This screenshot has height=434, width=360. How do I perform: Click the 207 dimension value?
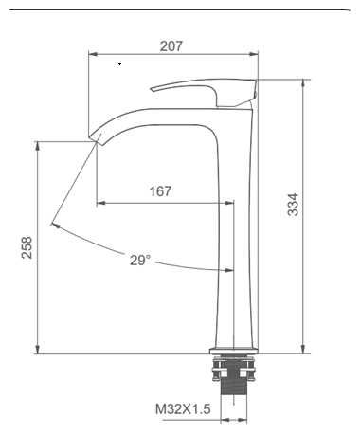coord(171,46)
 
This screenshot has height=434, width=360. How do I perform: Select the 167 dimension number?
coord(160,191)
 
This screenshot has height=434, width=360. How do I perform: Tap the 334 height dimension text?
coord(293,205)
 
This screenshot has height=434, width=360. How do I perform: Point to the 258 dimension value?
coord(27,247)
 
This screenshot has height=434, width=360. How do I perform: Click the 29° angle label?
coord(140,261)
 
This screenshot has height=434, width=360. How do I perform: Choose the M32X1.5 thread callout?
coord(183,409)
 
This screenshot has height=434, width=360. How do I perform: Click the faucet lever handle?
coord(208,92)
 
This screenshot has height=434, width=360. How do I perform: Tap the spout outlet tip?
coord(95,139)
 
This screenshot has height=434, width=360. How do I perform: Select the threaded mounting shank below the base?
coord(234,376)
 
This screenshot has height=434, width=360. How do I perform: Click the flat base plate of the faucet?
coord(234,351)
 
